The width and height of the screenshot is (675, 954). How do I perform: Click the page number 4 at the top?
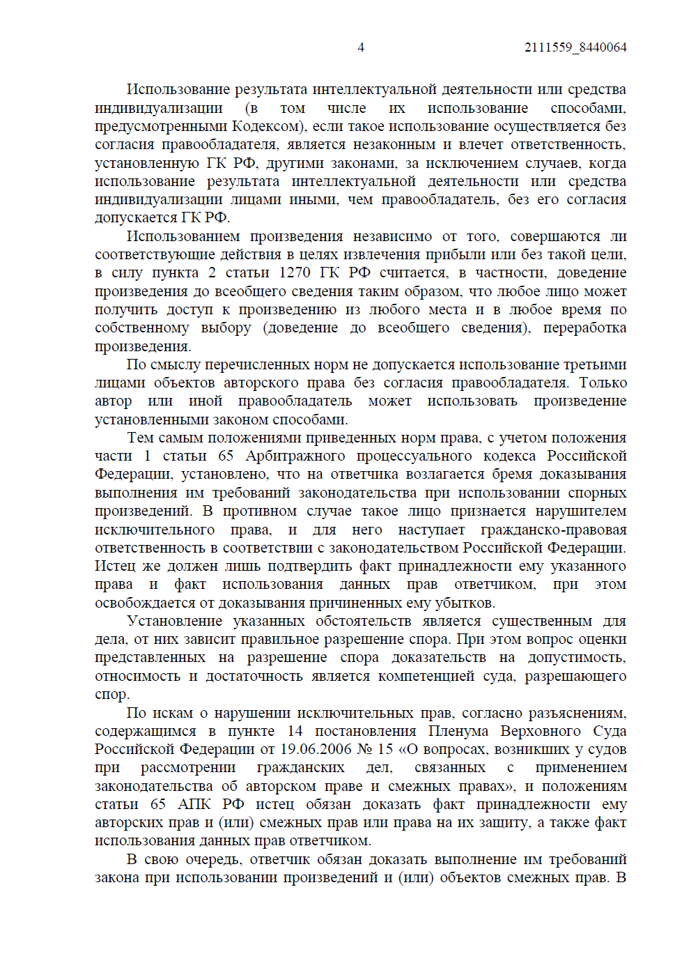tap(361, 47)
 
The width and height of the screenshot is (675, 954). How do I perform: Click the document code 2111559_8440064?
tap(575, 47)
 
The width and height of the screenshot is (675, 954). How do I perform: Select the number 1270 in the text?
tap(294, 272)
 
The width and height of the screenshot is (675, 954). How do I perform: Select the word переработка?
tap(584, 328)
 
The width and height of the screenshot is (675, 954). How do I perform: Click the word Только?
tap(603, 383)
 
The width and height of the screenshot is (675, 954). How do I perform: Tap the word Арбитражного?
tap(295, 456)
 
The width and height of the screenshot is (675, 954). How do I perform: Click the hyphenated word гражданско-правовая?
tap(553, 530)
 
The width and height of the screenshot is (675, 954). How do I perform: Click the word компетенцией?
tap(426, 676)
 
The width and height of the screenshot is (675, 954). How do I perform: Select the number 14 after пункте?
tap(295, 731)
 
